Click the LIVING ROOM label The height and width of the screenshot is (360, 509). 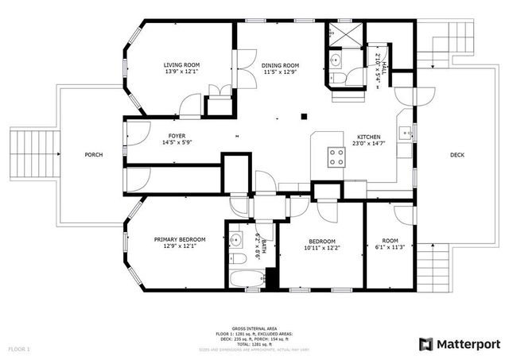point(181,64)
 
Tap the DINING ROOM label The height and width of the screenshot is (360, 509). point(280,64)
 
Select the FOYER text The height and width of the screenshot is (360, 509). point(177,136)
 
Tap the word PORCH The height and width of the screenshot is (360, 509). point(94,154)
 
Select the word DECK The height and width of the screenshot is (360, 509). point(457,155)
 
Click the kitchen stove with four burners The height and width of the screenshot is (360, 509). point(336,157)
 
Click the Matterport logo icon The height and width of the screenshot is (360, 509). point(427,343)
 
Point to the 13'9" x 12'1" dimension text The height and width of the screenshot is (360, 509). point(181,72)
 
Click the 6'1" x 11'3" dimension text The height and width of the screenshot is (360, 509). point(390,247)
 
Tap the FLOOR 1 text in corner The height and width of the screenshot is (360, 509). point(19,349)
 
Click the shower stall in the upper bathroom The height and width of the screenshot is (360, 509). point(345,36)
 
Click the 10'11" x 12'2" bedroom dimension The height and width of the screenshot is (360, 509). point(322,248)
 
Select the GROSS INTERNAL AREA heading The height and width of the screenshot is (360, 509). point(254,328)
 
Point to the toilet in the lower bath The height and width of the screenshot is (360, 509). point(239,260)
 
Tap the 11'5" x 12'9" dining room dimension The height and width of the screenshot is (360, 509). point(280,72)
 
